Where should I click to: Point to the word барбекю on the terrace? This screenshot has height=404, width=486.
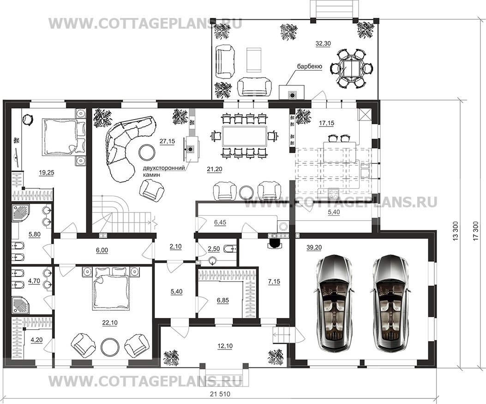309,66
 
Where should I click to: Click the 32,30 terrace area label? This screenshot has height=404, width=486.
323,44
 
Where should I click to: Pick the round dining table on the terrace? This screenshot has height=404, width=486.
351,68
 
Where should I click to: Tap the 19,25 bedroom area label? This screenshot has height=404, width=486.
47,173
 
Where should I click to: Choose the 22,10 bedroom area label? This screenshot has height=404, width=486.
110,323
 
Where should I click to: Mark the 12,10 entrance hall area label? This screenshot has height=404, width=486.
225,346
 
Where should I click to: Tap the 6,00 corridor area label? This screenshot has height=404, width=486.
102,250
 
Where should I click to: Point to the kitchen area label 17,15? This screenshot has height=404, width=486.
327,123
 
